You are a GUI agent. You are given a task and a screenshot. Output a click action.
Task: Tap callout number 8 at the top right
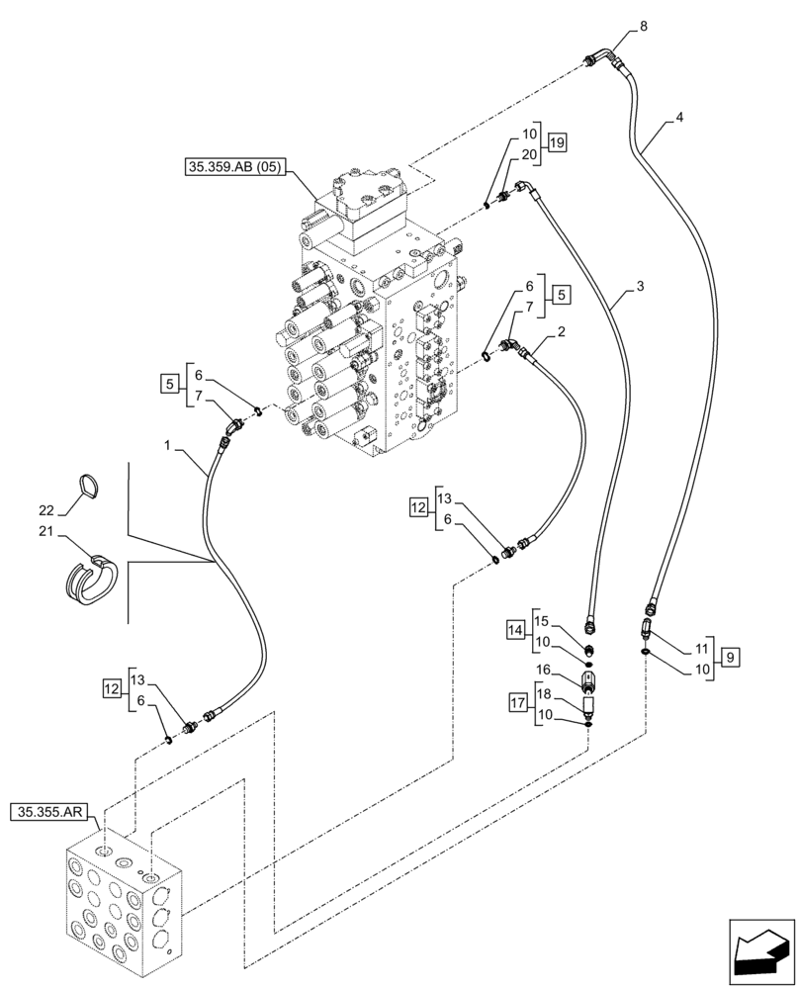[x=645, y=27]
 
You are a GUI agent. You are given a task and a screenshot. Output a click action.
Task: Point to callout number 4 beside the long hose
[x=678, y=117]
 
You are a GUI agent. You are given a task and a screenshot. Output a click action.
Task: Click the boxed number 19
[x=557, y=143]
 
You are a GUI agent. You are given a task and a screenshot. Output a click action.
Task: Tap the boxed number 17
[x=519, y=704]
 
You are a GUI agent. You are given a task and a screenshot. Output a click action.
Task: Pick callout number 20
[x=529, y=154]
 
